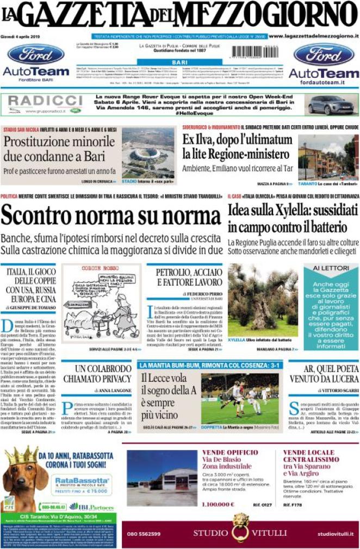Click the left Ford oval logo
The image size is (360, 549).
[x=36, y=54]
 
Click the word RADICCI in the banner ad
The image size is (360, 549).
[x=45, y=101]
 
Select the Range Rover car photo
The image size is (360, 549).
[x=331, y=104]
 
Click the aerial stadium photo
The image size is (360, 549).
[x=148, y=152]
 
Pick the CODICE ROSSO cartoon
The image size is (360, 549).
[x=100, y=302]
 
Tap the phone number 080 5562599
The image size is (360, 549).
[x=144, y=534]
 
